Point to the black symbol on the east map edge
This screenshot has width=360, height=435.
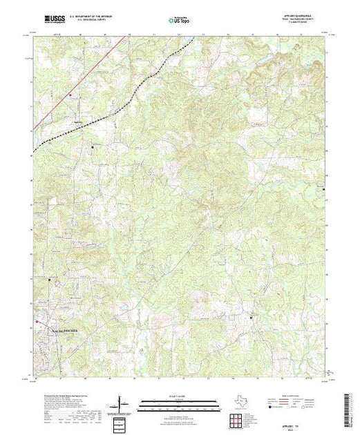coord(324,186)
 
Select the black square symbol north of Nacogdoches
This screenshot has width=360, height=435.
coord(49,280)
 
